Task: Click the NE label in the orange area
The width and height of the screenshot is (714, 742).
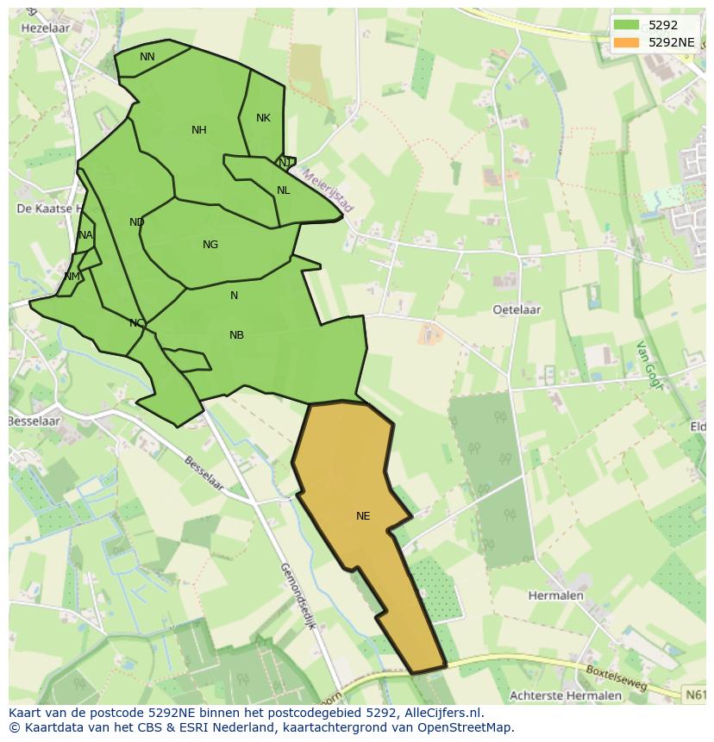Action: [x=363, y=516]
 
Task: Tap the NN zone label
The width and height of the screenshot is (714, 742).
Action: [x=147, y=57]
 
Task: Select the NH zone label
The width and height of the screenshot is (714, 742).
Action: [x=199, y=130]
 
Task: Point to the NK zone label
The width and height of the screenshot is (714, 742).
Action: [x=263, y=118]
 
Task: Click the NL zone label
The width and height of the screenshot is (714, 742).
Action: [x=283, y=190]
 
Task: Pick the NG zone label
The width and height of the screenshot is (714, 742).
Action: [x=210, y=245]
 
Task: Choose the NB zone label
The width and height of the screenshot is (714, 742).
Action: [x=236, y=335]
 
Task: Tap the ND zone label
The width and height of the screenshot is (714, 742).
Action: [x=136, y=222]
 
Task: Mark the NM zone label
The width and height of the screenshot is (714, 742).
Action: [x=72, y=277]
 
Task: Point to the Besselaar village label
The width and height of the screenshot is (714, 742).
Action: [x=34, y=421]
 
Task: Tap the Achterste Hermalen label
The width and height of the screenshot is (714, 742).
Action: [x=566, y=695]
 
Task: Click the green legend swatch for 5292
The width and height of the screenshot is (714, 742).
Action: [x=627, y=25]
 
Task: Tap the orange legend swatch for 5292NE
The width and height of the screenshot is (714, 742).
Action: [x=627, y=41]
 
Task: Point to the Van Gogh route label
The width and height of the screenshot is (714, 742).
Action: [x=648, y=365]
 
